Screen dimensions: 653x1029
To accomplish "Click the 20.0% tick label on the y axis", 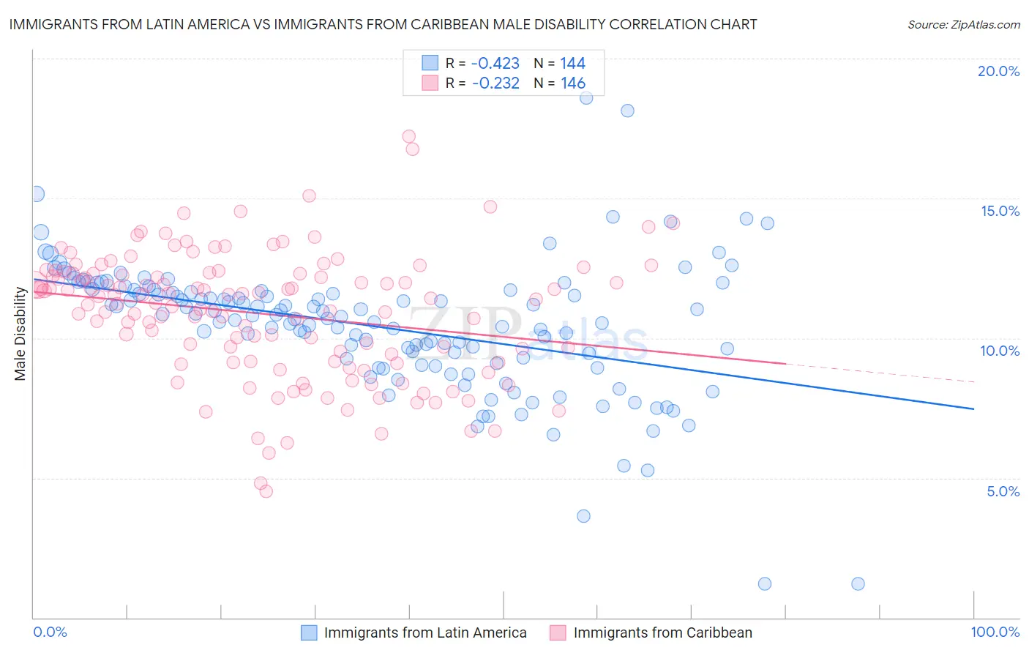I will pos(998,71).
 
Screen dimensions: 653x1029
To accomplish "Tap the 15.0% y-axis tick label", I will pos(1000,211).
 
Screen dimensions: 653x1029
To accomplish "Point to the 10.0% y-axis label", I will pos(1000,351).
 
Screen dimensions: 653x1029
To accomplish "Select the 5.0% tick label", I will pos(1003,491).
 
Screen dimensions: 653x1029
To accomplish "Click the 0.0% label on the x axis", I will pos(50,632).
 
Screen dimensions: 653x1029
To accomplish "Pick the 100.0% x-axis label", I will pos(995,632).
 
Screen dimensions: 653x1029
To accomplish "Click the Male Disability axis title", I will pos(20,333).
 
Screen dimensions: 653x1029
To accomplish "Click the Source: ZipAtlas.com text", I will pos(963,24).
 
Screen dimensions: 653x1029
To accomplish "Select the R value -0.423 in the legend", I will pos(495,63).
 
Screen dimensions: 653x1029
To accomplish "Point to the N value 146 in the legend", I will pos(573,83).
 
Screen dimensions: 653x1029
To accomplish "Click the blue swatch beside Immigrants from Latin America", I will pos(310,633).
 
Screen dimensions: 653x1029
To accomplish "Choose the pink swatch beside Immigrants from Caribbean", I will pos(558,633).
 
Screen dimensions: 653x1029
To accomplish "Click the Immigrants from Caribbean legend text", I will pos(662,633).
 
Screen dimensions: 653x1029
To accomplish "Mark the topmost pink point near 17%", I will pos(409,136).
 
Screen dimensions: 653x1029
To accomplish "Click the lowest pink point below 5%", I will pos(266,491).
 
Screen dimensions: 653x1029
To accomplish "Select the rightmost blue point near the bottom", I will pos(858,583).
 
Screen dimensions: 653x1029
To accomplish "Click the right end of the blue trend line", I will pos(973,408).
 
